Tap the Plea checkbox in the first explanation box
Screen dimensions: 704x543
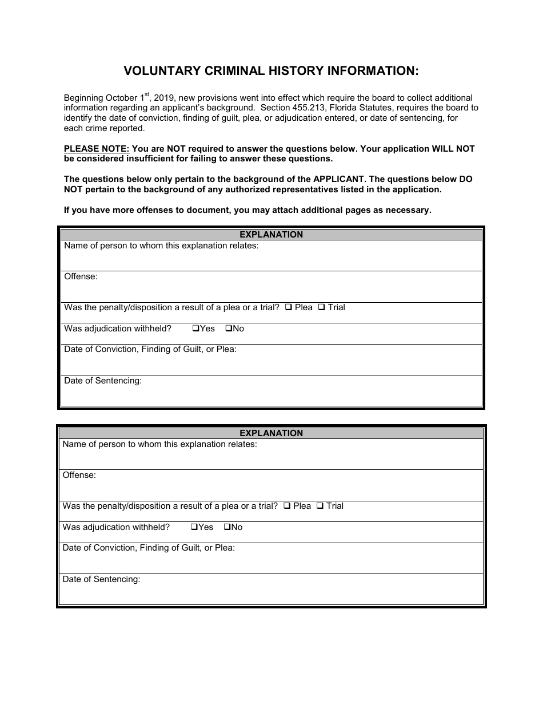(x=289, y=307)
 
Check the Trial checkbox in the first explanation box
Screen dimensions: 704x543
(x=322, y=307)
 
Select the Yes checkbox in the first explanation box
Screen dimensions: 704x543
(x=195, y=329)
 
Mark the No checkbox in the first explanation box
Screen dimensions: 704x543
(x=228, y=329)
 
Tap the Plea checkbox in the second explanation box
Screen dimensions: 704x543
(x=287, y=506)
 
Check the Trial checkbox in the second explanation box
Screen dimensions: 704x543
(x=320, y=506)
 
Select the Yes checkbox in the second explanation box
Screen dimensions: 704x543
(x=194, y=527)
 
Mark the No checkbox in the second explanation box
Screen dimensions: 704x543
(x=226, y=527)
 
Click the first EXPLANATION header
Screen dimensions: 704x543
(x=271, y=235)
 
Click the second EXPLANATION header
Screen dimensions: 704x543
(x=271, y=433)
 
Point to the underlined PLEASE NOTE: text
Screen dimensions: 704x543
(x=97, y=149)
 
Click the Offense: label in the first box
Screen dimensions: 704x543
(x=81, y=276)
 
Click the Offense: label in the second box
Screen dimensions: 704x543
(x=79, y=475)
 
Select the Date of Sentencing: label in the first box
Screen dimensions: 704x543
(x=103, y=381)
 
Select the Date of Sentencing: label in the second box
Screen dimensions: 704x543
(x=101, y=579)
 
